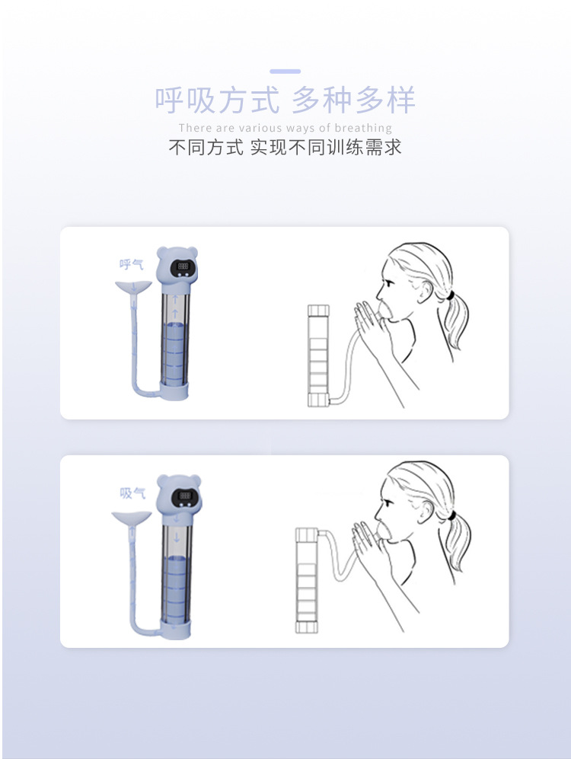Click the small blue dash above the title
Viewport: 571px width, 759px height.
pos(285,72)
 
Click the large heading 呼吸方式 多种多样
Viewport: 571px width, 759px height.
pos(285,100)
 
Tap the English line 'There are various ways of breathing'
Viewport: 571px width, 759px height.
pos(285,128)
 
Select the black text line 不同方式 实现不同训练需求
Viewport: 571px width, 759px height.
pos(285,147)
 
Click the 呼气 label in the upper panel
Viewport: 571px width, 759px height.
pos(132,264)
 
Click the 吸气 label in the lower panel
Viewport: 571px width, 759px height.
pos(132,493)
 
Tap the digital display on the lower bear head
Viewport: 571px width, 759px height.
pos(180,496)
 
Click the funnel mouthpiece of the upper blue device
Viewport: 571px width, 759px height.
pos(132,288)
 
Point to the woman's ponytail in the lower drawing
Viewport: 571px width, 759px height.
pos(455,546)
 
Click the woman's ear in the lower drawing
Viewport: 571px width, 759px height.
pos(423,514)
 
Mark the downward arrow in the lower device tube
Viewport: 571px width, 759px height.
pos(177,520)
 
